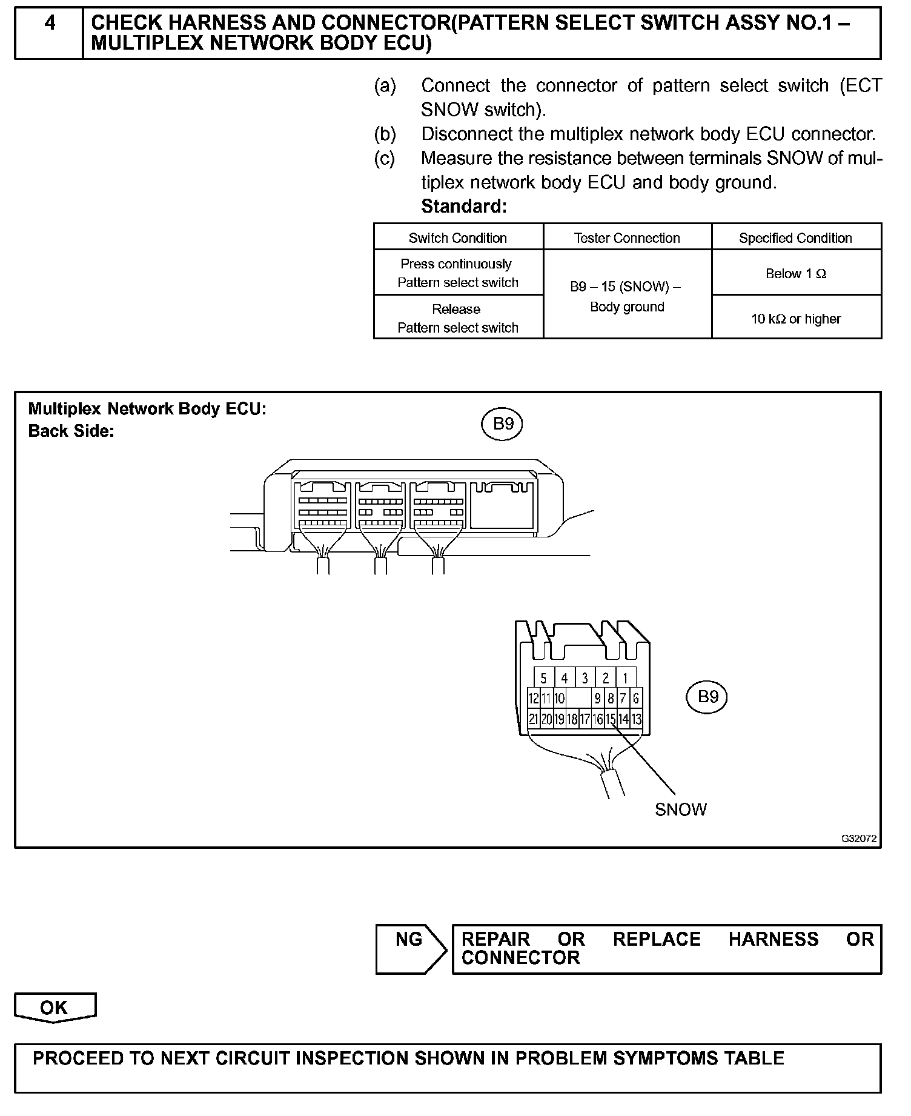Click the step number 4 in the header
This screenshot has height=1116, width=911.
[x=50, y=23]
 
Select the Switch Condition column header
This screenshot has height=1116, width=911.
[x=458, y=238]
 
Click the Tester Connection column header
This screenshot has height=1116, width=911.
[x=627, y=238]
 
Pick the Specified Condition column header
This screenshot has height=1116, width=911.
[x=795, y=238]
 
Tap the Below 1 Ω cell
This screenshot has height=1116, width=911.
[x=795, y=273]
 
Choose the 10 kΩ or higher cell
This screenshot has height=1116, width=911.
[x=795, y=319]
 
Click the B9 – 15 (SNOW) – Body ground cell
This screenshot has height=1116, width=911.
[x=627, y=296]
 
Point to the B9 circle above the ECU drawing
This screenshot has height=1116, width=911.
[x=502, y=424]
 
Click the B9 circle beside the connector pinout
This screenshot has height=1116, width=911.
[x=707, y=697]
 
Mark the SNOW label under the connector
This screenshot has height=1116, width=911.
[x=680, y=809]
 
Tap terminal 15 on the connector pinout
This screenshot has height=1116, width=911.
[x=611, y=719]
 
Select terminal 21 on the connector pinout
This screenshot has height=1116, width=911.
[x=534, y=719]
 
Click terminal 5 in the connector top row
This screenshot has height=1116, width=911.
[x=544, y=679]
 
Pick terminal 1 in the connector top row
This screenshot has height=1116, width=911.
[x=625, y=679]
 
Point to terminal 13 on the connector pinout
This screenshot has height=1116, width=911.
[x=636, y=719]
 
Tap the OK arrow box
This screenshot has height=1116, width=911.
[x=55, y=1008]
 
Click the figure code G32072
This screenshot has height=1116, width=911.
[x=858, y=839]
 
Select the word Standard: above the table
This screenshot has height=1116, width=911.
[x=463, y=207]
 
